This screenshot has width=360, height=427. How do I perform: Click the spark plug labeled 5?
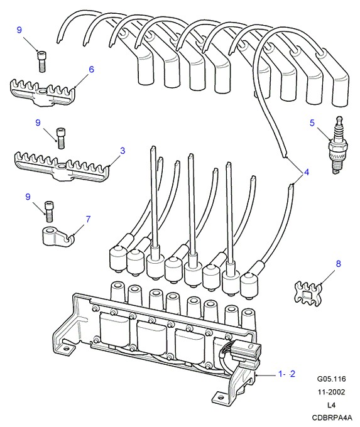tap(338, 145)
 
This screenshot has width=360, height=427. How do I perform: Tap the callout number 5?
tap(312, 123)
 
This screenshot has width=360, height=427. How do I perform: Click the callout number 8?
tap(338, 263)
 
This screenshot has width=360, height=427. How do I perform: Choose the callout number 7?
tap(88, 219)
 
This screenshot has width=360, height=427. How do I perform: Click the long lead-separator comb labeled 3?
tap(62, 166)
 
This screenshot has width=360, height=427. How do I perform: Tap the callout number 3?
tap(123, 151)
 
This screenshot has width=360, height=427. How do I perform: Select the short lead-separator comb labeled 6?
tap(43, 92)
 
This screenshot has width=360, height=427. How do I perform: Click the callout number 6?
tap(91, 70)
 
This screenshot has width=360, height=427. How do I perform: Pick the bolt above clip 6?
tap(41, 62)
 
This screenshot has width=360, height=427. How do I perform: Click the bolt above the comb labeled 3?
tap(60, 138)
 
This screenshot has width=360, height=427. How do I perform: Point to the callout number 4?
tap(307, 172)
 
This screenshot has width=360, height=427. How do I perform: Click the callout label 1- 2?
tap(286, 374)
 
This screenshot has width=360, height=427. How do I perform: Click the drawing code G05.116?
tap(331, 379)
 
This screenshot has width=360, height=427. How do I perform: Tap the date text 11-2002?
tap(331, 392)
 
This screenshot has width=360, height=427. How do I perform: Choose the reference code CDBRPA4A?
tap(332, 417)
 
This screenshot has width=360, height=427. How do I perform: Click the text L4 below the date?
tap(331, 405)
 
